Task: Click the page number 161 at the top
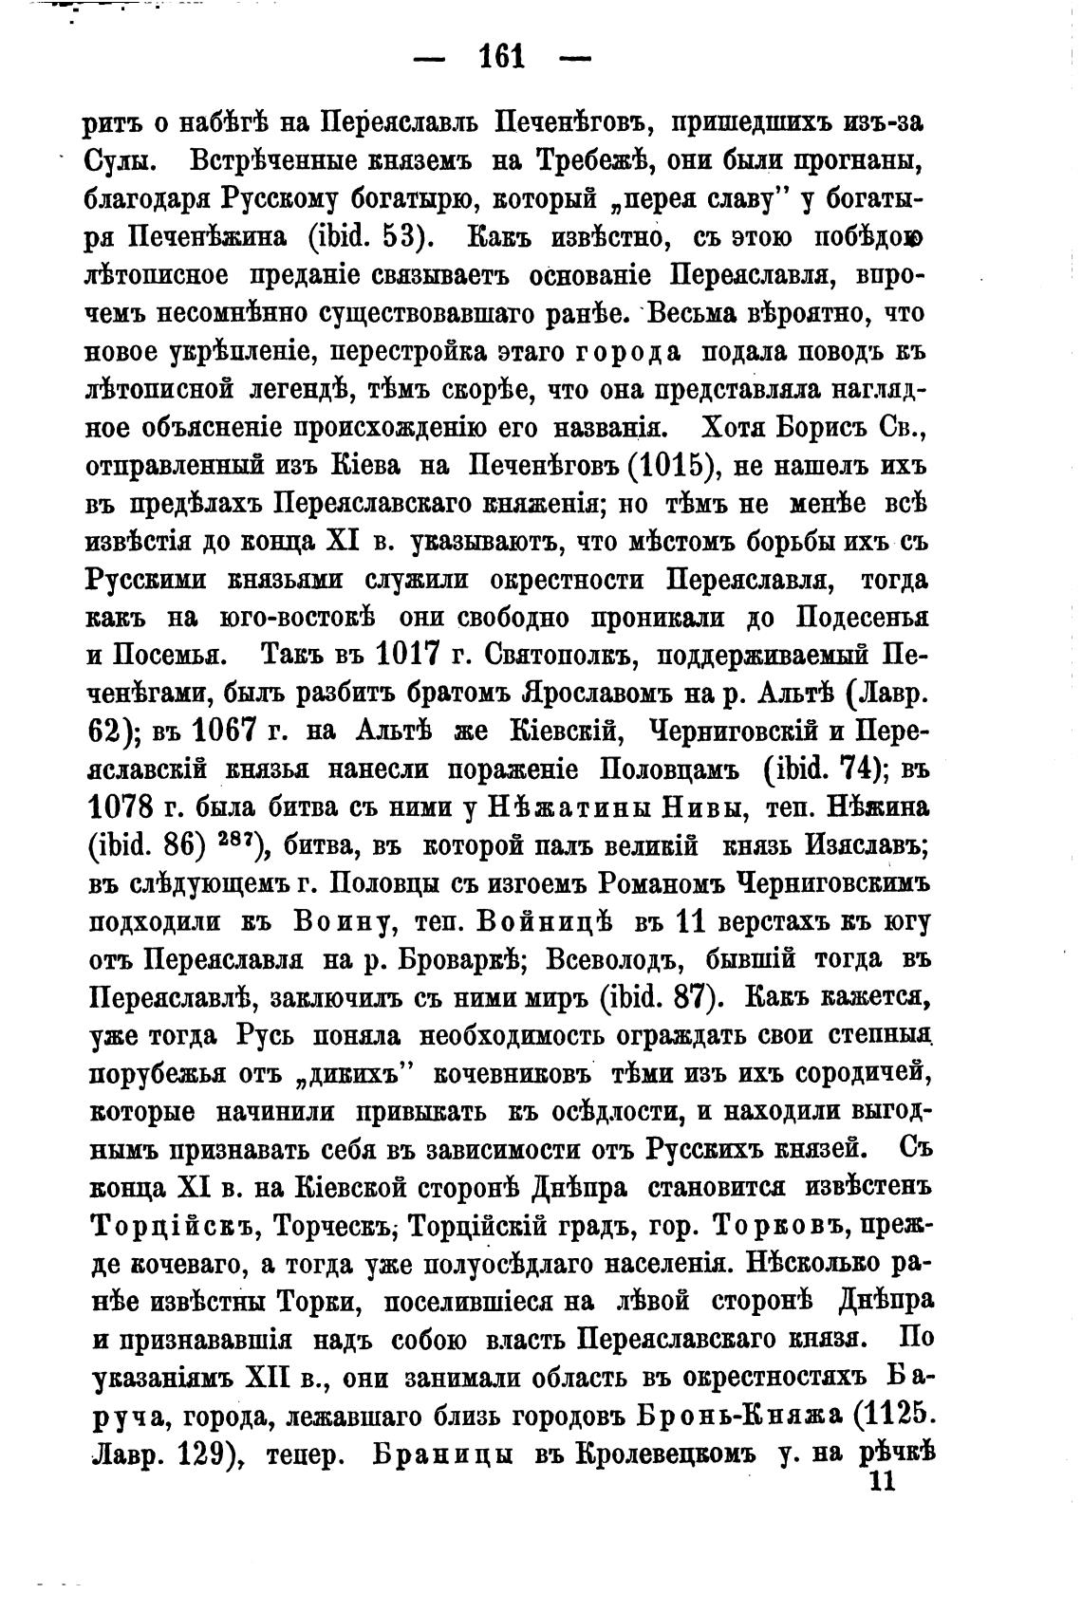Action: click(503, 58)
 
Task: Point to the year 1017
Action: click(411, 656)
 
